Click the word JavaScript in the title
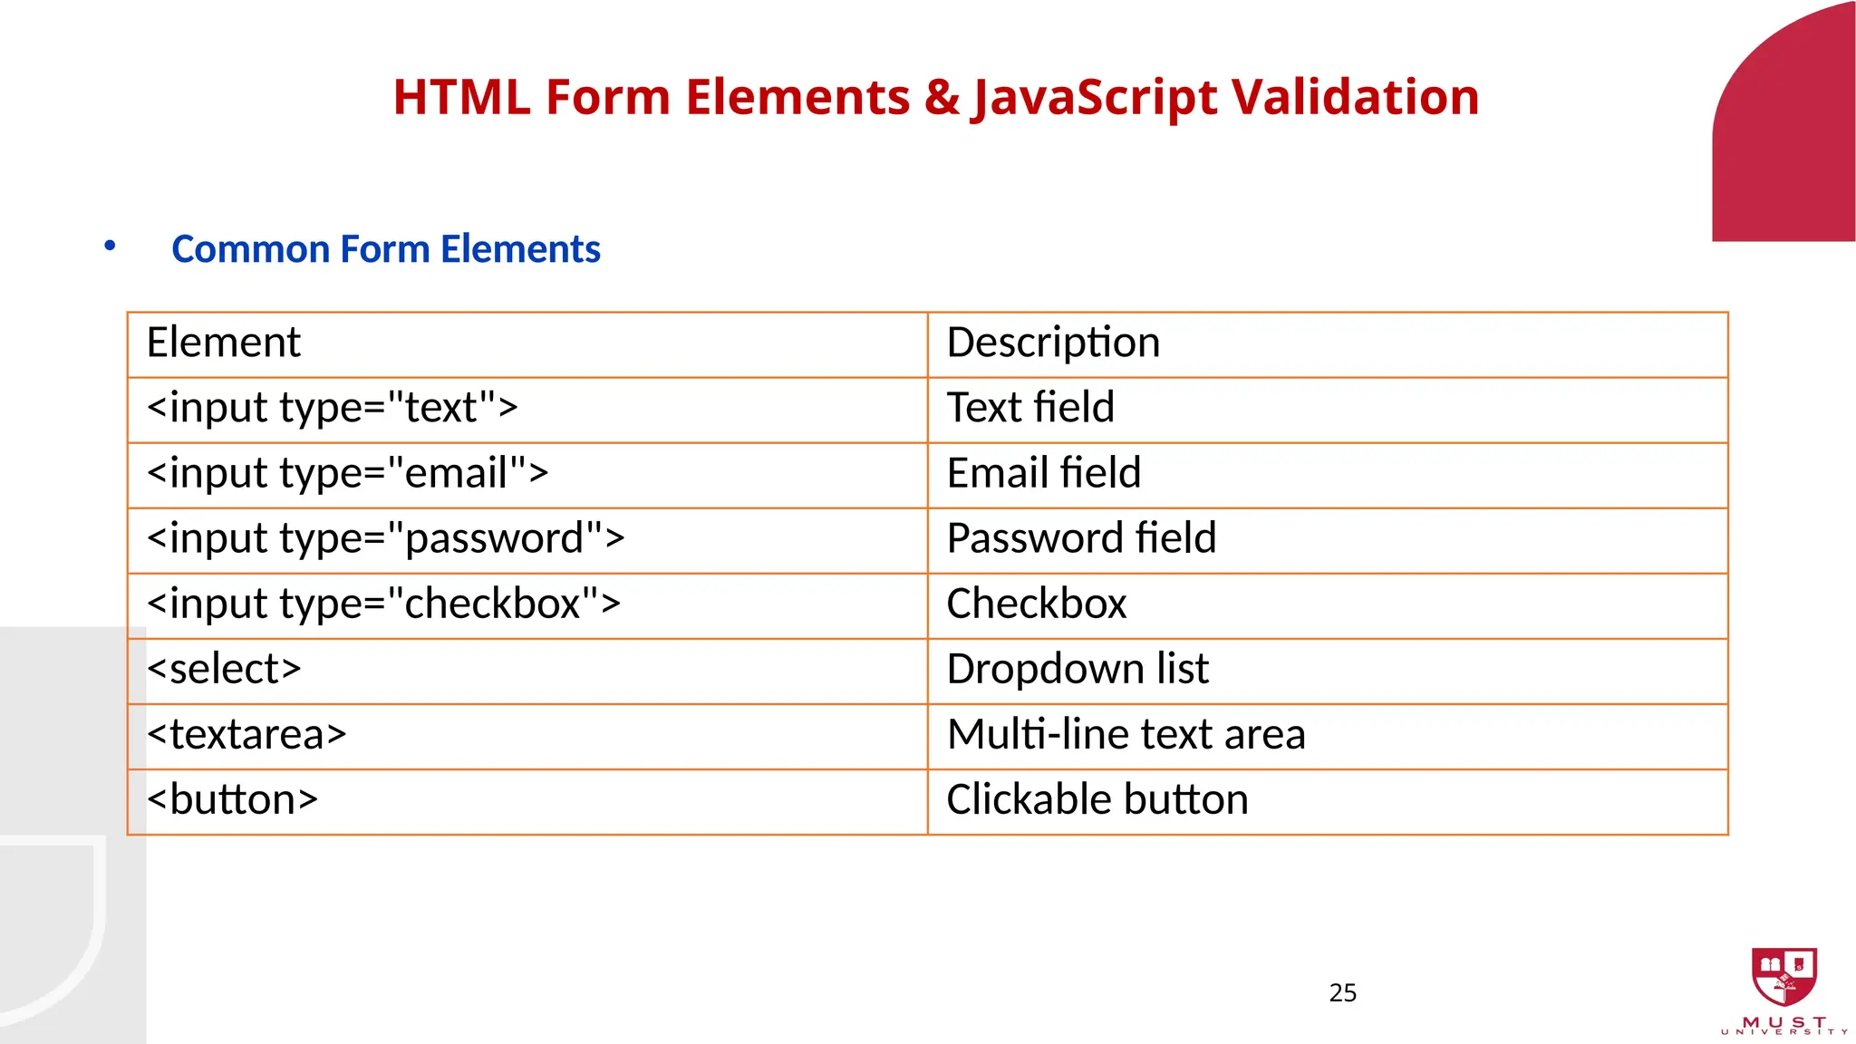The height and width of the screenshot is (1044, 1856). point(1094,97)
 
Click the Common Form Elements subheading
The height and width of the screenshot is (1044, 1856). point(385,249)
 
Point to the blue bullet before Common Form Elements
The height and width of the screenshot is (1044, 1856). point(110,246)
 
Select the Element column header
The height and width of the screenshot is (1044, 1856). point(223,343)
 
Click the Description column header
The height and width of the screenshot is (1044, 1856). point(1053,343)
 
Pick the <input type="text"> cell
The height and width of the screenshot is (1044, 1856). point(332,408)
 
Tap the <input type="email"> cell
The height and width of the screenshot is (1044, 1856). point(347,473)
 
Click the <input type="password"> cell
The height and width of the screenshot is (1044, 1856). point(385,538)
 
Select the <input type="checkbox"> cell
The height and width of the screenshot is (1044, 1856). point(383,604)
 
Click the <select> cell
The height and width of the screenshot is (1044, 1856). point(223,670)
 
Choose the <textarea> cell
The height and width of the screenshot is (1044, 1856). point(246,735)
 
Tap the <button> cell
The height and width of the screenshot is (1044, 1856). point(232,800)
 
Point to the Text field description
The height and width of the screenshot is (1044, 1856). point(1030,408)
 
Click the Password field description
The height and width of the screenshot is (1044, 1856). point(1081,538)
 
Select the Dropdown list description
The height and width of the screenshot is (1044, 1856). point(1078,670)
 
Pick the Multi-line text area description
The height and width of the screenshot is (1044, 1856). point(1126,735)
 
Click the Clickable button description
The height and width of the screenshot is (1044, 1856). point(1097,800)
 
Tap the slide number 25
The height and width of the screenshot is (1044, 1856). point(1342,993)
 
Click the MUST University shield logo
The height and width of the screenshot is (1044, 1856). point(1783,976)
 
